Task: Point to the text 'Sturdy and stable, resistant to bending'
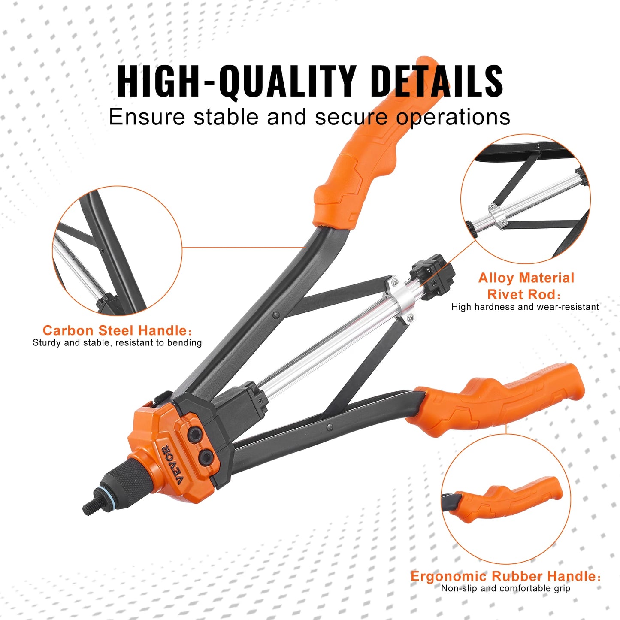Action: click(x=117, y=343)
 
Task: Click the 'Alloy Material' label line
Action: click(x=526, y=278)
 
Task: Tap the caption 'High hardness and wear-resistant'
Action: click(x=525, y=307)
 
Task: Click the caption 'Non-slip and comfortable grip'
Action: click(x=505, y=589)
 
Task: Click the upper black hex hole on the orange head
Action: click(x=197, y=435)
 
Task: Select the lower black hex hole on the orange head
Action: click(x=206, y=457)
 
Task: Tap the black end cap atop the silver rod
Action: click(x=432, y=277)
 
